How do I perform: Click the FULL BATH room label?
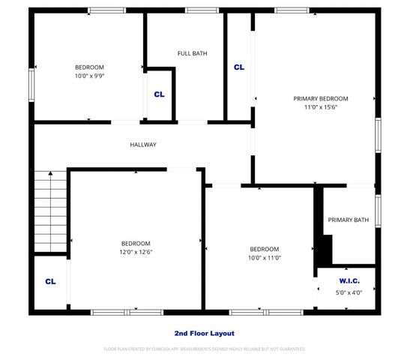tap(192, 53)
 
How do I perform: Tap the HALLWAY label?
tap(142, 145)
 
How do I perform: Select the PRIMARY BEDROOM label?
tap(320, 98)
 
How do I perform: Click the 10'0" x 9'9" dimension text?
tap(89, 76)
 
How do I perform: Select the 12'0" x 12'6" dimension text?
tap(136, 252)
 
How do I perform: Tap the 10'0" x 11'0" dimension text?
tap(265, 258)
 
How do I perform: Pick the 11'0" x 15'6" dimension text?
tap(320, 108)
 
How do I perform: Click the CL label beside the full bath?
tap(159, 94)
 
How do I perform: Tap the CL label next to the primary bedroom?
tap(239, 67)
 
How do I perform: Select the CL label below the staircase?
tap(50, 282)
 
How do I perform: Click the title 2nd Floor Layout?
tap(203, 333)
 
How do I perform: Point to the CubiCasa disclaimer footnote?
tap(204, 349)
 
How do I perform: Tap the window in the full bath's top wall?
tap(197, 10)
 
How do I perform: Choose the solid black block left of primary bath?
tap(325, 247)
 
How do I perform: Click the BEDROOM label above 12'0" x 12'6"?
tap(136, 243)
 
